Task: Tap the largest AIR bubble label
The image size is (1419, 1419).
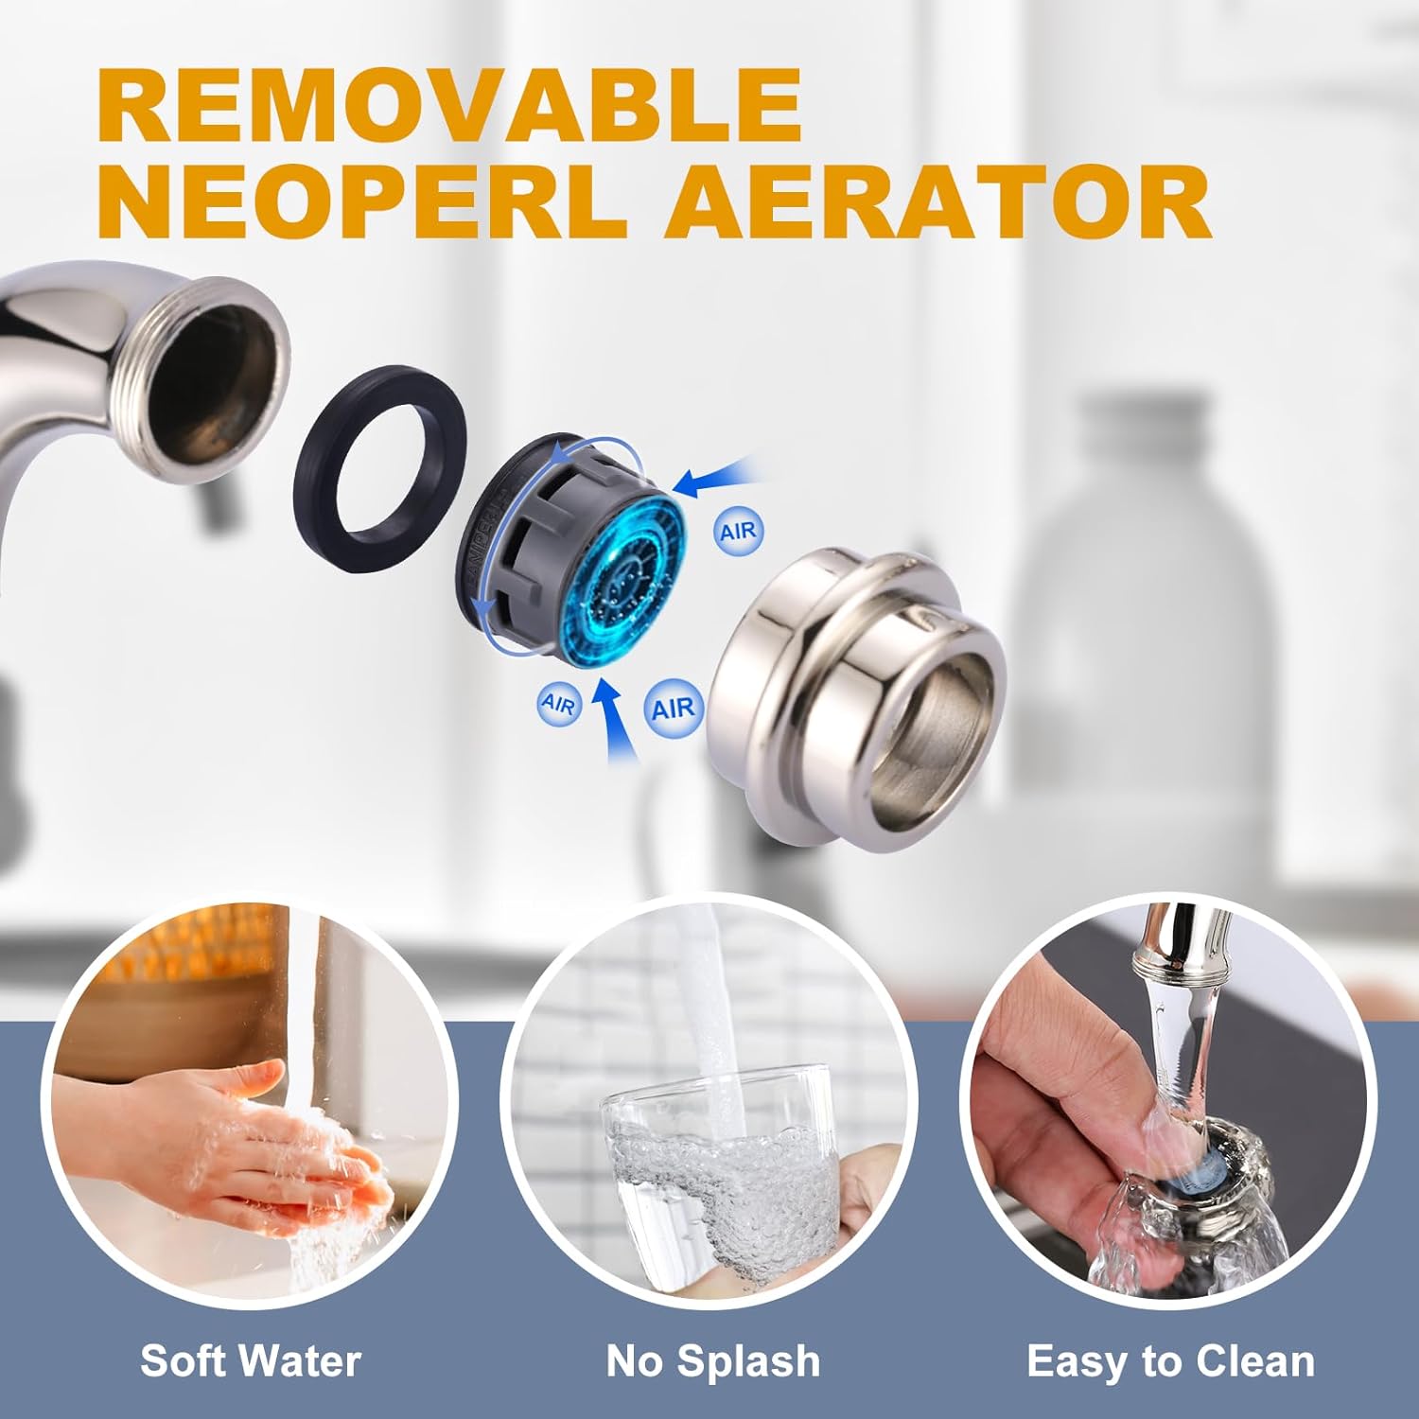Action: click(x=673, y=708)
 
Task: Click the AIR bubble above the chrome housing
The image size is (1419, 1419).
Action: click(x=737, y=531)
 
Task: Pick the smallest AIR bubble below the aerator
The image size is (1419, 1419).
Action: click(x=557, y=704)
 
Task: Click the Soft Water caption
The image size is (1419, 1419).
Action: click(x=251, y=1361)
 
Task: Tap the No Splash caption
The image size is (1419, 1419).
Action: click(x=713, y=1361)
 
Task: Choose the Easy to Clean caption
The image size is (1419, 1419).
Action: click(x=1171, y=1361)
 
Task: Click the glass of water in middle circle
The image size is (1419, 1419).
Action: click(x=720, y=1172)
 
